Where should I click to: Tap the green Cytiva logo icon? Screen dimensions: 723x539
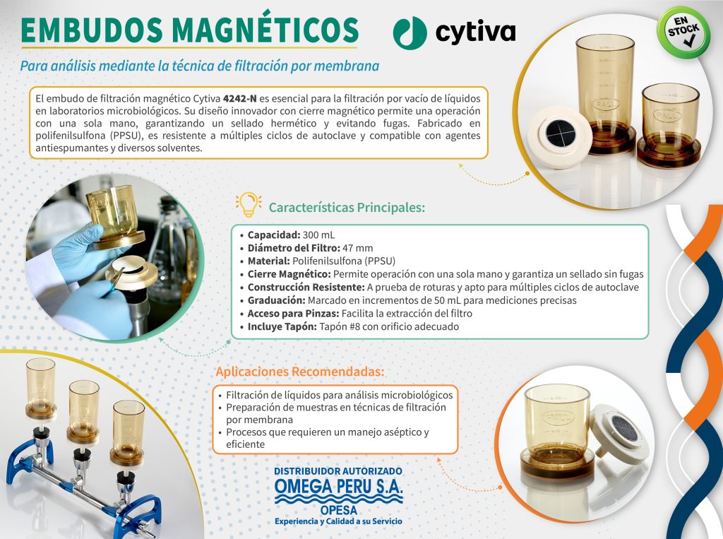[410, 32]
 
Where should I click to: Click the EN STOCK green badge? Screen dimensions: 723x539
[683, 32]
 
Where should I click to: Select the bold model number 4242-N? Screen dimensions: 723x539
[240, 98]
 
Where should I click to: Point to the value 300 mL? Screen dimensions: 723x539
[318, 235]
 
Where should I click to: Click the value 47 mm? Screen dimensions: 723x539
[358, 248]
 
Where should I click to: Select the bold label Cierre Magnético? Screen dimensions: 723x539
[289, 274]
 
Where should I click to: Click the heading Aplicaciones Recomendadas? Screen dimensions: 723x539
[300, 372]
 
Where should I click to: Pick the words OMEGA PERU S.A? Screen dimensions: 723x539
[338, 486]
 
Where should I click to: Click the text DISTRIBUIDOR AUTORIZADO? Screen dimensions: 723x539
[338, 471]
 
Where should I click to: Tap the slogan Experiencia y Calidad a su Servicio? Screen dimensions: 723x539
[338, 521]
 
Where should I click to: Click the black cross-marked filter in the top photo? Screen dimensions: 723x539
[560, 132]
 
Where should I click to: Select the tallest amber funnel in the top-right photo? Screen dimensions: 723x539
[605, 93]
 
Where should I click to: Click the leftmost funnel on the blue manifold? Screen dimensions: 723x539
[40, 388]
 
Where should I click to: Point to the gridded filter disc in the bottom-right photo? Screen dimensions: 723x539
[624, 428]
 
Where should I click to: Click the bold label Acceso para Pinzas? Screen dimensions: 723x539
[293, 314]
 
